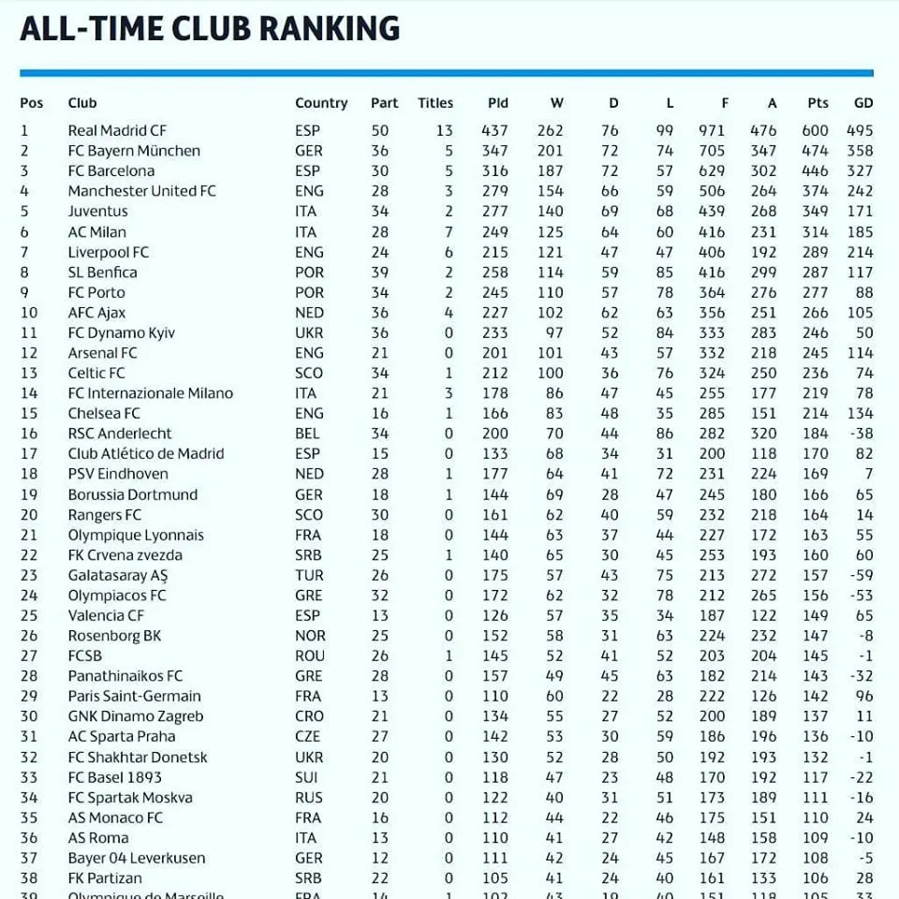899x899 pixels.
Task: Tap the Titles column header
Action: [435, 103]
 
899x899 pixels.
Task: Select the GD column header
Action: [862, 103]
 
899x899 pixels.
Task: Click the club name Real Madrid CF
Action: [117, 130]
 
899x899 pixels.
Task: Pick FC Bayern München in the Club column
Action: [134, 151]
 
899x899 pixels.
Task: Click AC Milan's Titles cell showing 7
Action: [449, 232]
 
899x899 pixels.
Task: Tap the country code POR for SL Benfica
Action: [309, 273]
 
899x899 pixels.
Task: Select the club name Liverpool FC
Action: [108, 252]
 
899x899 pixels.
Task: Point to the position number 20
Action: [29, 515]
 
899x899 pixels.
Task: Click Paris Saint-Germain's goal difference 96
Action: [863, 696]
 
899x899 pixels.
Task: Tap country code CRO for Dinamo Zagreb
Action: [309, 716]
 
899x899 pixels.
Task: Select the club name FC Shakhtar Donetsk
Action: [138, 757]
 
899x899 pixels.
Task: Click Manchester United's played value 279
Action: [494, 191]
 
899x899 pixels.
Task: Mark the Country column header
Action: [321, 103]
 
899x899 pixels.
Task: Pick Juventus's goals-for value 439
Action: [712, 212]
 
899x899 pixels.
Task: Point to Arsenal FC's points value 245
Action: [815, 353]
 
